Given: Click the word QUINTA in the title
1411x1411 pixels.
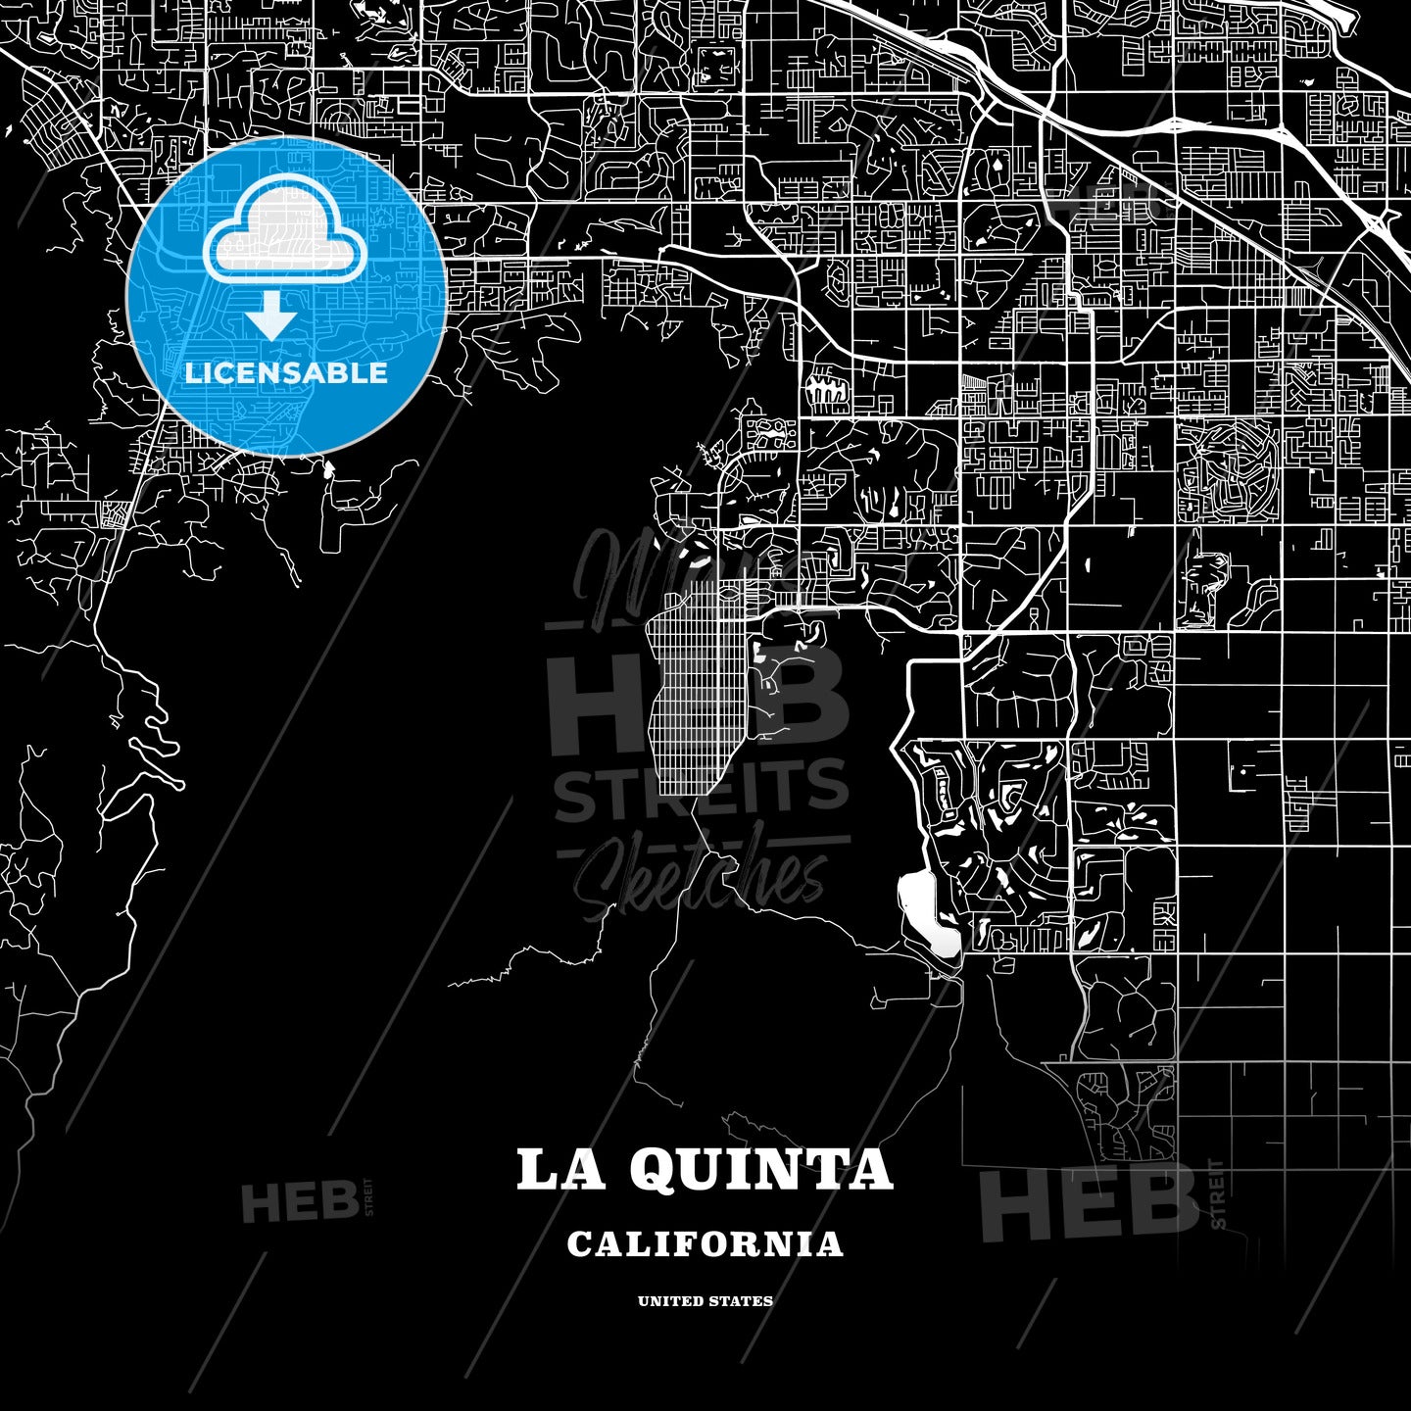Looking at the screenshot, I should click(x=759, y=1170).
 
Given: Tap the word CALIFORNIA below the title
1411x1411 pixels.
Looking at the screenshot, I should click(x=705, y=1244).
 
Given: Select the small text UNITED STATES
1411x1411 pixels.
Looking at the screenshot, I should click(x=705, y=1301).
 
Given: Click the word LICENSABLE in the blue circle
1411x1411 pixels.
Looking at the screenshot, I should click(x=286, y=373).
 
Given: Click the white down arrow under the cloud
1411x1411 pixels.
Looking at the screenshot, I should click(x=271, y=316).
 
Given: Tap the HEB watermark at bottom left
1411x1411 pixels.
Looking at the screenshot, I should click(x=299, y=1203).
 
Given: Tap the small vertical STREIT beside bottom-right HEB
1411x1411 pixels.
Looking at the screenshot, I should click(x=1218, y=1193).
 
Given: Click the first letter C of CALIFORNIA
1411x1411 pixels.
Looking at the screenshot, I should click(x=579, y=1244).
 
